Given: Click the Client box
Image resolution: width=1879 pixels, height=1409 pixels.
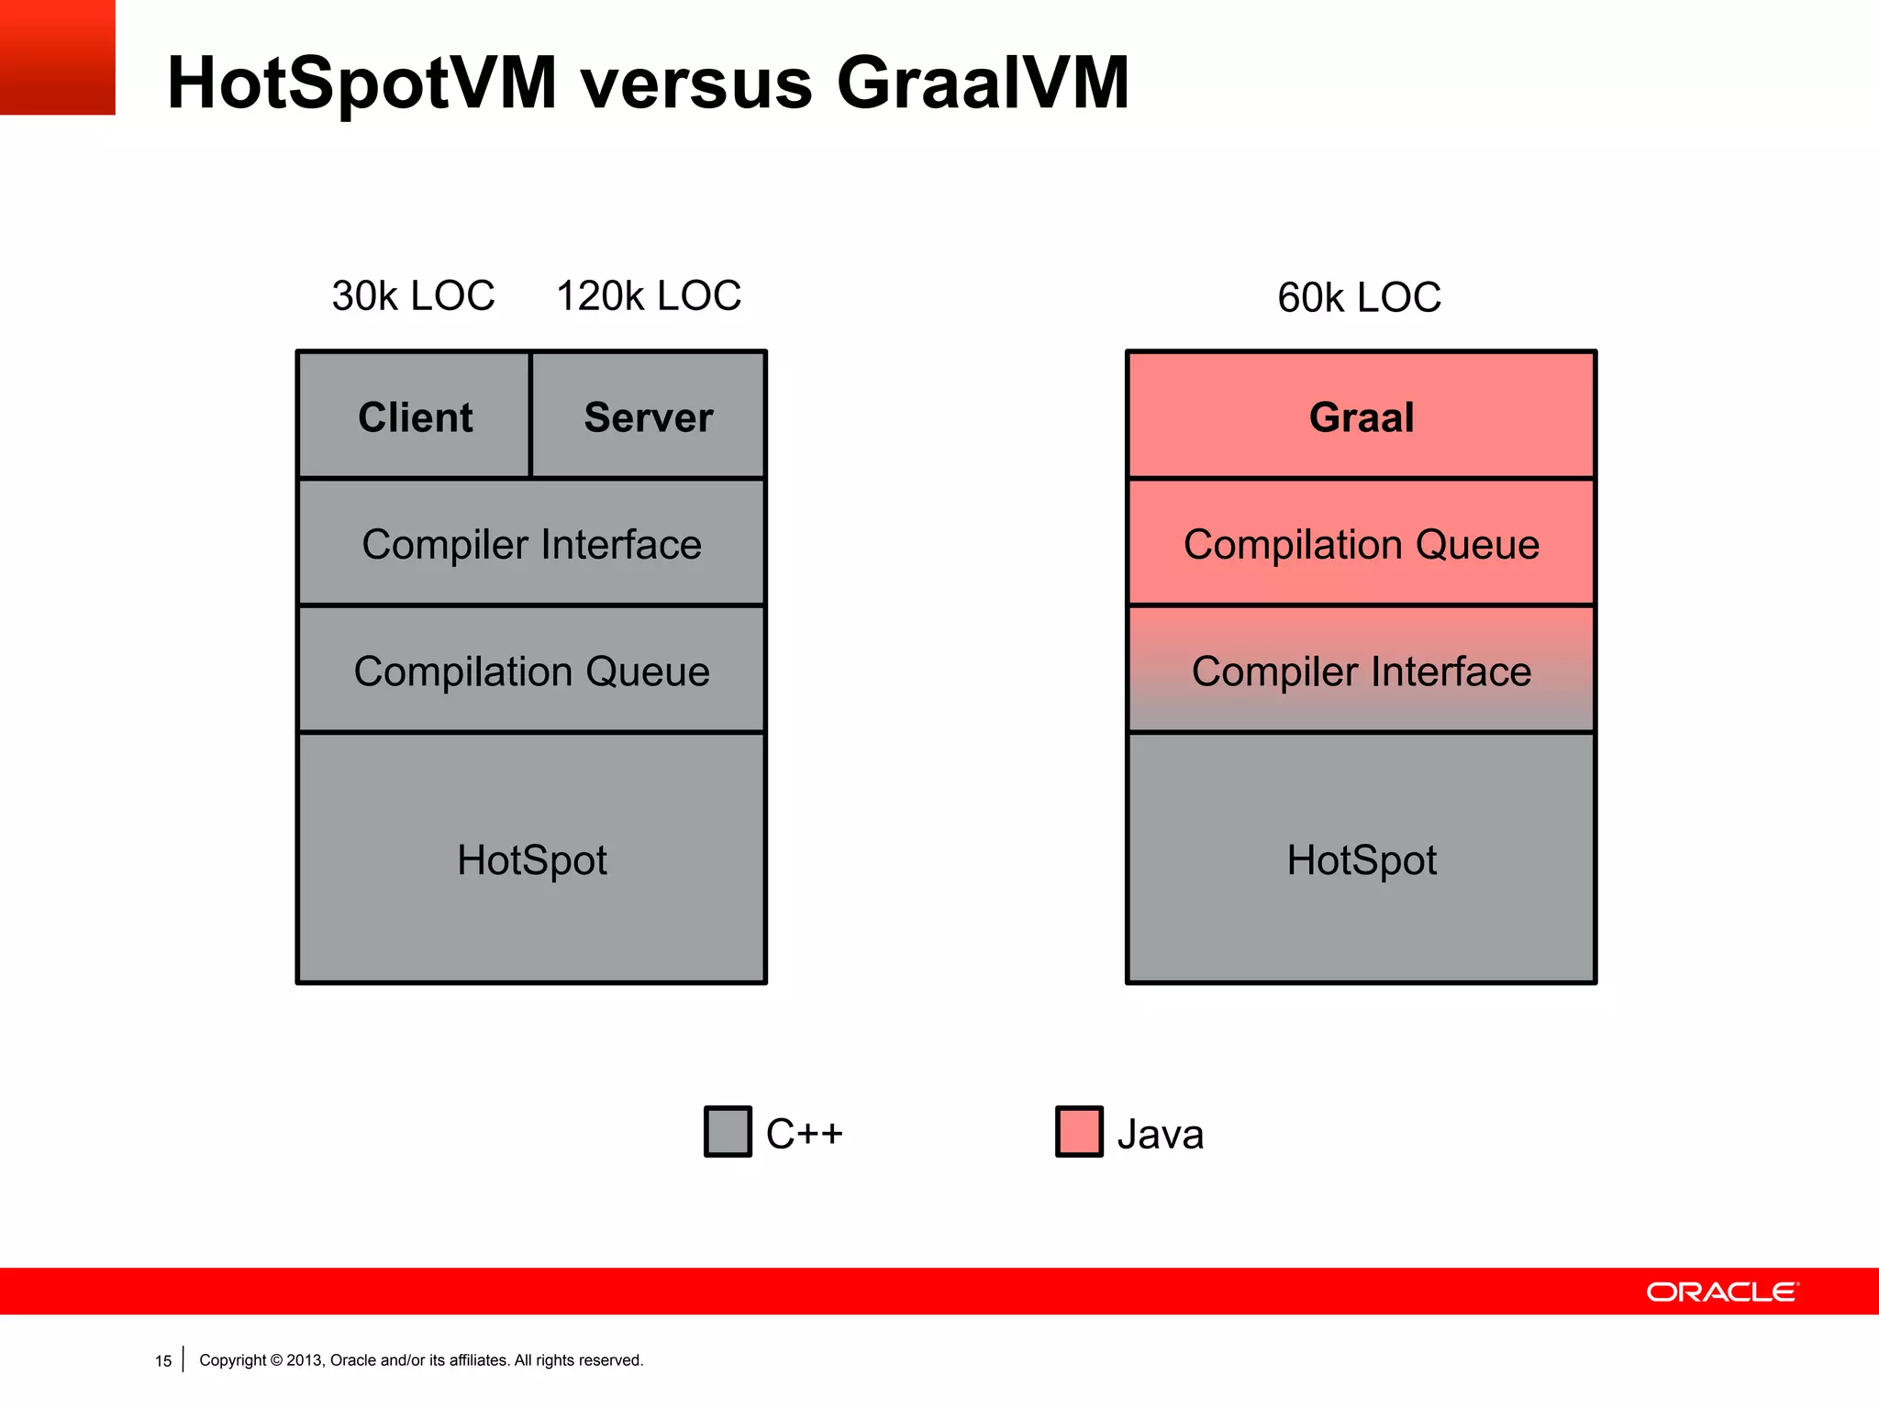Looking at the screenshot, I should pos(415,416).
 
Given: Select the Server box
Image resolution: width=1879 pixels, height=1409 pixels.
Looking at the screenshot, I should pos(649,416).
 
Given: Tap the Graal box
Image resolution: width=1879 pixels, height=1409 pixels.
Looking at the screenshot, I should pos(1362,416).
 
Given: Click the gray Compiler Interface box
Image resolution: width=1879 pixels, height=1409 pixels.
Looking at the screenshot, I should pos(531,543).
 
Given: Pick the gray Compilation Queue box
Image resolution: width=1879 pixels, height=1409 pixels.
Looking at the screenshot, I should pos(531,671).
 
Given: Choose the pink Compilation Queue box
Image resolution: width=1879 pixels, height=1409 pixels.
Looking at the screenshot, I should pos(1362,543).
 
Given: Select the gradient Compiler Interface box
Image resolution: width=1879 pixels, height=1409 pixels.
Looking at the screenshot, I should pos(1362,671).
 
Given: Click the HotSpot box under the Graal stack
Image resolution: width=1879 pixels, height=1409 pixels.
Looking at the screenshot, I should pos(1362,859).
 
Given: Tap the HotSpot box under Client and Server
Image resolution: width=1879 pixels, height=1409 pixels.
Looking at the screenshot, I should pos(531,859).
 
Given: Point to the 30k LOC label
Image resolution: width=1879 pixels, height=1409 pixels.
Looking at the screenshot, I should pos(413,295).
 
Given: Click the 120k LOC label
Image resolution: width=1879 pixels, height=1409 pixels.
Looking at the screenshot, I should pos(649,295).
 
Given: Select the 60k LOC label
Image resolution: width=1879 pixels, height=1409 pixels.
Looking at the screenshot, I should pos(1359,297).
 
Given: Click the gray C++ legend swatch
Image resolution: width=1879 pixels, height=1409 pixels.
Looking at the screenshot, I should pos(728,1131).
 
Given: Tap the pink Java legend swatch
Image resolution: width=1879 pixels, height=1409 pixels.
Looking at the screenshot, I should pos(1079,1131).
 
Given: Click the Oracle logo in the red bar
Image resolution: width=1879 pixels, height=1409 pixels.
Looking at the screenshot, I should pos(1722,1292).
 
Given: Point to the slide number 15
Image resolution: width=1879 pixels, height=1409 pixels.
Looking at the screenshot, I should pos(163,1360).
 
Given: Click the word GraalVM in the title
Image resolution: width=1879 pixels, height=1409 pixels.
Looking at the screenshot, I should pos(983,83).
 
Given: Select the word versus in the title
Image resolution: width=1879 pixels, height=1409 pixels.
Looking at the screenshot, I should pos(697,83).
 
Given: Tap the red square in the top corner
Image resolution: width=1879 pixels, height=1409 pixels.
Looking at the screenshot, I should pos(57,57).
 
